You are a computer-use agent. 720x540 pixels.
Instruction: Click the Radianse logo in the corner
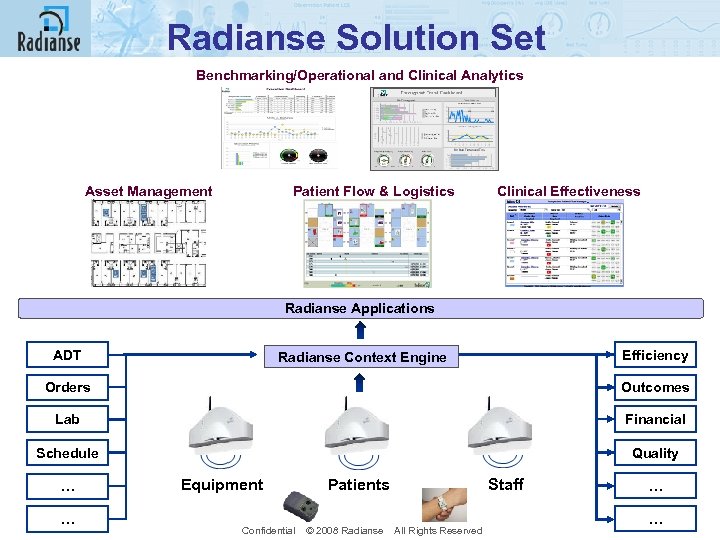(48, 30)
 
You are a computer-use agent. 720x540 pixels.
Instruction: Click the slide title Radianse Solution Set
(356, 38)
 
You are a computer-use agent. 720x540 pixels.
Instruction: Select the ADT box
(67, 355)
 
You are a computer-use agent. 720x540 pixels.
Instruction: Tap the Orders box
(67, 387)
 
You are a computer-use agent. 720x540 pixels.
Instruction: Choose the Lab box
(67, 419)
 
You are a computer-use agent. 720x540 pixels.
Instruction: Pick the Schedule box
(67, 453)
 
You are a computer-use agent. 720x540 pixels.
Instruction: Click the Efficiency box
(655, 355)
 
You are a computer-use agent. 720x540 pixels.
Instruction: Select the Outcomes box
(655, 387)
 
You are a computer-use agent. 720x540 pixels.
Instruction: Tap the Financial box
(655, 419)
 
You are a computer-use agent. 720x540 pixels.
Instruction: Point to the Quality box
(655, 453)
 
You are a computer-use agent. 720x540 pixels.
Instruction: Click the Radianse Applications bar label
(359, 308)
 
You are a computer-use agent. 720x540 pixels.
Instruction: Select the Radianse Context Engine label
(362, 357)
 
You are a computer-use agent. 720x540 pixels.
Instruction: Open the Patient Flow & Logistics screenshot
(367, 243)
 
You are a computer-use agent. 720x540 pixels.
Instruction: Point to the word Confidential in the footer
(268, 530)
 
